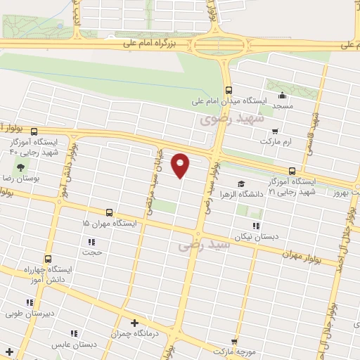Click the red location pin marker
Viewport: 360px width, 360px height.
181,165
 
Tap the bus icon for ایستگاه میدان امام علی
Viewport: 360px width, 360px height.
229,90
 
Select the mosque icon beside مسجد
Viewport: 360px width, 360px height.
283,96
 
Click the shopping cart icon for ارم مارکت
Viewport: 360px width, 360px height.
275,130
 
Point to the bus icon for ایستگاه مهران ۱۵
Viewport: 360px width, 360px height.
109,212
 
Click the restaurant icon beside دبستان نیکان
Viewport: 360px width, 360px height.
256,226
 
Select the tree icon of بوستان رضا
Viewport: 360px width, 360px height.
20,167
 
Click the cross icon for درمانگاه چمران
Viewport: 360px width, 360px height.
134,323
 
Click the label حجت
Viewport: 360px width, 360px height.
93,252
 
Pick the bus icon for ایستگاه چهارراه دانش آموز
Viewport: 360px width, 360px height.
48,258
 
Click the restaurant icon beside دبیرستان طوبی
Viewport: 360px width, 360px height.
29,302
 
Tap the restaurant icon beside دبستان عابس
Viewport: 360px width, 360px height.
73,333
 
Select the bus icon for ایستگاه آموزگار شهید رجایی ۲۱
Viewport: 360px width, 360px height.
292,171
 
